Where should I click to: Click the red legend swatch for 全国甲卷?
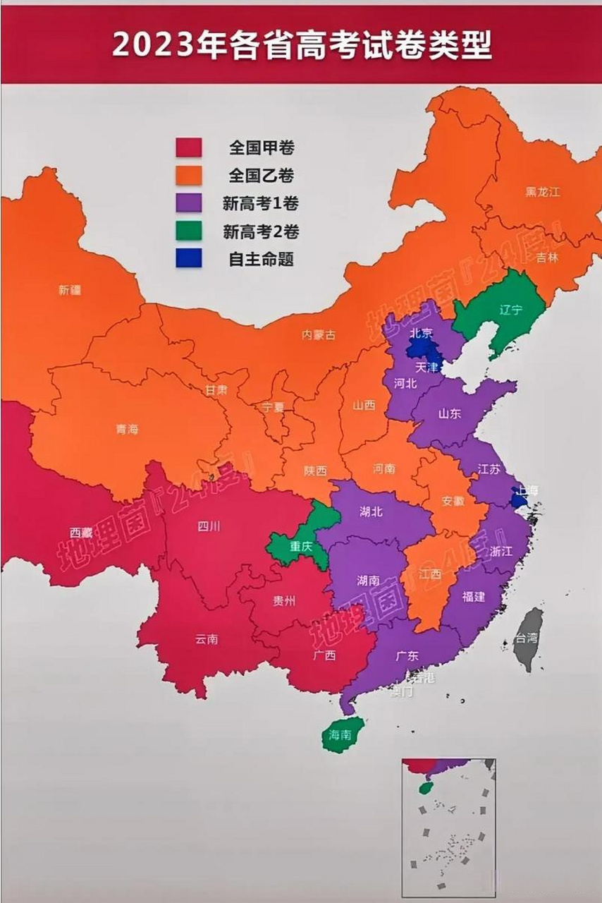pos(189,147)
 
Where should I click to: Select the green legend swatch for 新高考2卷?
pos(189,231)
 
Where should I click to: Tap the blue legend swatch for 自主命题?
pos(189,258)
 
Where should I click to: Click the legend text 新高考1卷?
pos(261,204)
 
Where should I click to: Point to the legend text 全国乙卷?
pos(261,176)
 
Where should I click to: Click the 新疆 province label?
pos(70,290)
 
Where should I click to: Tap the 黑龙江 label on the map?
pos(542,192)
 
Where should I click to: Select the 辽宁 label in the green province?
pos(510,310)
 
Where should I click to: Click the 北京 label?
pos(422,333)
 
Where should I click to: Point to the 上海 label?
pos(528,490)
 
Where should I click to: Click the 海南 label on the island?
pos(340,734)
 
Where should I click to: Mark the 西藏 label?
pos(81,533)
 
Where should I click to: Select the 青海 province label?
pos(127,429)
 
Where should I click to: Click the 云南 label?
pos(207,639)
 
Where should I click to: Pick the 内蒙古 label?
pos(319,335)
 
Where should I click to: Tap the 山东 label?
pos(449,414)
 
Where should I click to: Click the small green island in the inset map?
pos(425,787)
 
